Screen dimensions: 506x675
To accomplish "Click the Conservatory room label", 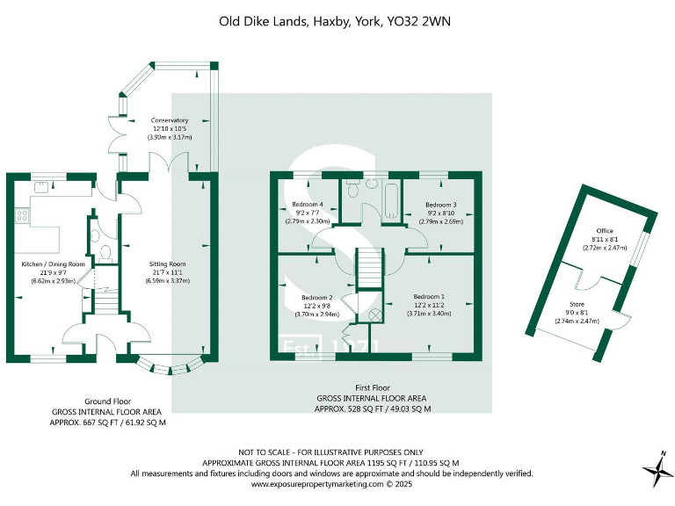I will (x=170, y=120).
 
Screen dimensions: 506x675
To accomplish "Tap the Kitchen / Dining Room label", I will (x=53, y=264).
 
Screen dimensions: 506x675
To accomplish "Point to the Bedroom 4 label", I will (x=307, y=204).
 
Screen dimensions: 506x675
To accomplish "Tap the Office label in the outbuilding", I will (x=605, y=231).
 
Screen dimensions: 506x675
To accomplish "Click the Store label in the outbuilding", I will (x=577, y=304).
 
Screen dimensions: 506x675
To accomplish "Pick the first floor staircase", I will (x=370, y=267).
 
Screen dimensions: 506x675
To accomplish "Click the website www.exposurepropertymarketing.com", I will (x=328, y=483).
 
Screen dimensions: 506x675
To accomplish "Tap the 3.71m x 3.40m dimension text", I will (x=429, y=314).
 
